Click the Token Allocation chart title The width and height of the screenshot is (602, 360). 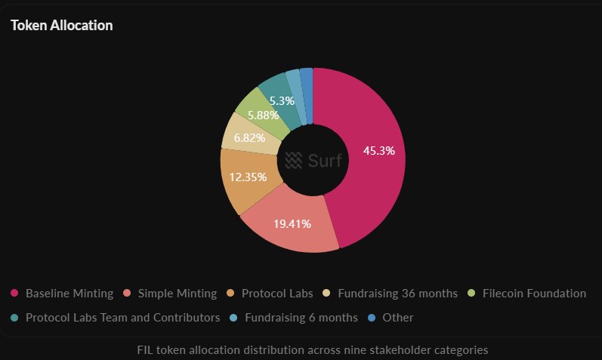[x=62, y=26]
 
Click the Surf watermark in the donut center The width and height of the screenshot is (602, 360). [x=313, y=160]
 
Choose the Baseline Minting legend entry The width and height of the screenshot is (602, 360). [x=69, y=293]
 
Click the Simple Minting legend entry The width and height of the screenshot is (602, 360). [x=176, y=293]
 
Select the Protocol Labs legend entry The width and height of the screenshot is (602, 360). [x=276, y=293]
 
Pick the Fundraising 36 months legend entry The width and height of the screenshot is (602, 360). [x=397, y=293]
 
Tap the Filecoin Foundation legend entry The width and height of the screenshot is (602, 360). [x=534, y=293]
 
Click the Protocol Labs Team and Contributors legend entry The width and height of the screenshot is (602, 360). [x=122, y=318]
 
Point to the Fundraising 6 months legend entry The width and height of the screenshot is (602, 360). [x=301, y=318]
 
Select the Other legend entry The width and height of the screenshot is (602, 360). [x=397, y=318]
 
